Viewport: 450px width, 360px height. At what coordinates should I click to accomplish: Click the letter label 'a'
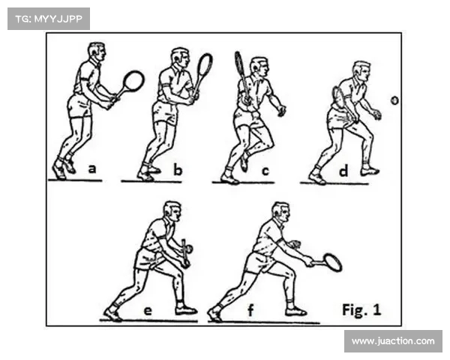91,169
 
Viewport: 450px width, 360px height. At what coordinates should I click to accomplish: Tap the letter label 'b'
178,169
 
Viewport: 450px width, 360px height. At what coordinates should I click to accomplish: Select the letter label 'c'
265,171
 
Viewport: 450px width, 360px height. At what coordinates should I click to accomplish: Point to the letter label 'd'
343,170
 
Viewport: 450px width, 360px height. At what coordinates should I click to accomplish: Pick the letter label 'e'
148,311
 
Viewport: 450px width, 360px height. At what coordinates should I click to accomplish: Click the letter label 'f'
250,310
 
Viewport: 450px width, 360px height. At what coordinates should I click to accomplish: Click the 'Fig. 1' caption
361,310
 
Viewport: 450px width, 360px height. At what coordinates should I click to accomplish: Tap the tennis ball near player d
395,100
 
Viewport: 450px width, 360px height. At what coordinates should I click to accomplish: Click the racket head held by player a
133,80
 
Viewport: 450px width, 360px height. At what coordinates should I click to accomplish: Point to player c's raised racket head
239,64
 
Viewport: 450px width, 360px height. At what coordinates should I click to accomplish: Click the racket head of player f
332,262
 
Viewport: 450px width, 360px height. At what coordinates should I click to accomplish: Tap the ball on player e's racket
189,249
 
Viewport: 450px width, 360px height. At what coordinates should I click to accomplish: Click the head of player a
97,52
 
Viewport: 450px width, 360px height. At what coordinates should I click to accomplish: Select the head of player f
281,211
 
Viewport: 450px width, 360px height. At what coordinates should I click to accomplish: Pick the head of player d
361,71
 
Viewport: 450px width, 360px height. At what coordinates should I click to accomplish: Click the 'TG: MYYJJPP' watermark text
49,19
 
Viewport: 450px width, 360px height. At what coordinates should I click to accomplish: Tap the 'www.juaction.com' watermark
393,341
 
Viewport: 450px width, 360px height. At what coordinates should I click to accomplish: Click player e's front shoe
186,310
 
